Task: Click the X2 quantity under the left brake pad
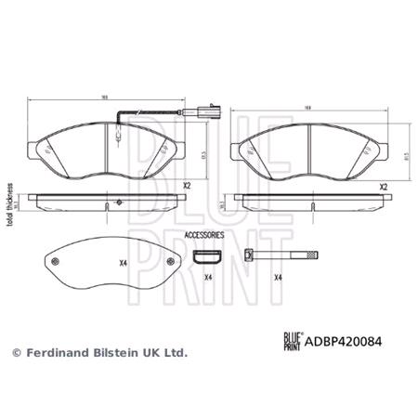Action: click(186, 186)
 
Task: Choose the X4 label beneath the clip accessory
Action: click(207, 278)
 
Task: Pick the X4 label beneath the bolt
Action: click(276, 278)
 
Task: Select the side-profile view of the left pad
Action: click(108, 200)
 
